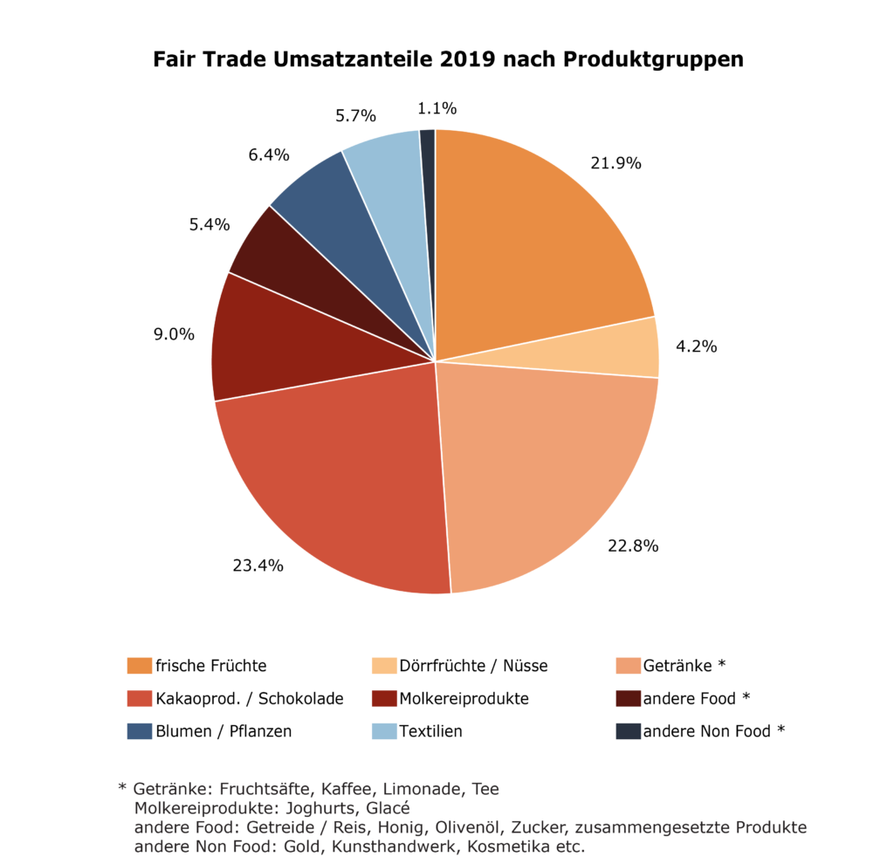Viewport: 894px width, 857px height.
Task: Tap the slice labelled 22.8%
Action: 541,471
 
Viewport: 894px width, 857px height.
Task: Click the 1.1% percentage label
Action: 437,108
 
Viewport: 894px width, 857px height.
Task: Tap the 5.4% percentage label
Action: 210,224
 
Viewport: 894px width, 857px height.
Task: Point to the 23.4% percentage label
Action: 258,566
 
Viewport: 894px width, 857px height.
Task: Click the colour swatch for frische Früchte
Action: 139,666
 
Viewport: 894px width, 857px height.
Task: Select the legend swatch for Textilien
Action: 384,731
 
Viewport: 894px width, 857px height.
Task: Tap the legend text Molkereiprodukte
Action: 464,699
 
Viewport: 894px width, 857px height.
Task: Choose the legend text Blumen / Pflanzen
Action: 223,731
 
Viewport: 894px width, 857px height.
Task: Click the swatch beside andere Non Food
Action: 628,731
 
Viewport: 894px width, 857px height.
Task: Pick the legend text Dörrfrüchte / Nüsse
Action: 473,666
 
